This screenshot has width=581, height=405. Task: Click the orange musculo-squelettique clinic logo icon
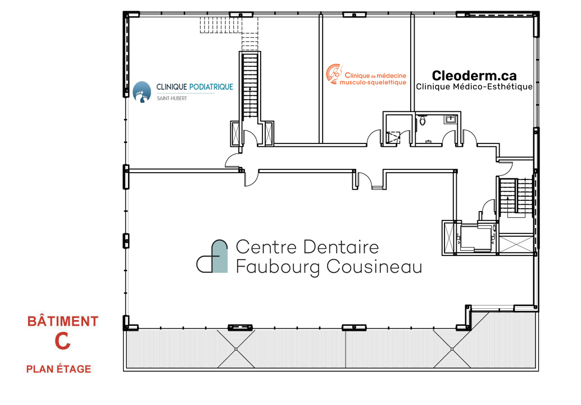tap(334, 73)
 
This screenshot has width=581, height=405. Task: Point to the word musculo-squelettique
tap(373, 82)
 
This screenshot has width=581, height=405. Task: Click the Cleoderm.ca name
tap(474, 75)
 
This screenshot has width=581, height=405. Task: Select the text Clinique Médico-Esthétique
tap(474, 87)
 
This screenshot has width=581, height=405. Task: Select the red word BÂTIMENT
tap(63, 322)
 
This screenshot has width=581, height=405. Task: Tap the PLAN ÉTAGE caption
tap(58, 369)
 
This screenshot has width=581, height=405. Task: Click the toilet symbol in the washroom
tap(423, 119)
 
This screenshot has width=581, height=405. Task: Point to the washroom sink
tap(450, 119)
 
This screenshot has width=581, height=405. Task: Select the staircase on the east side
tap(516, 196)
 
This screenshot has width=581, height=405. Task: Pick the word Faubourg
tap(270, 267)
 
